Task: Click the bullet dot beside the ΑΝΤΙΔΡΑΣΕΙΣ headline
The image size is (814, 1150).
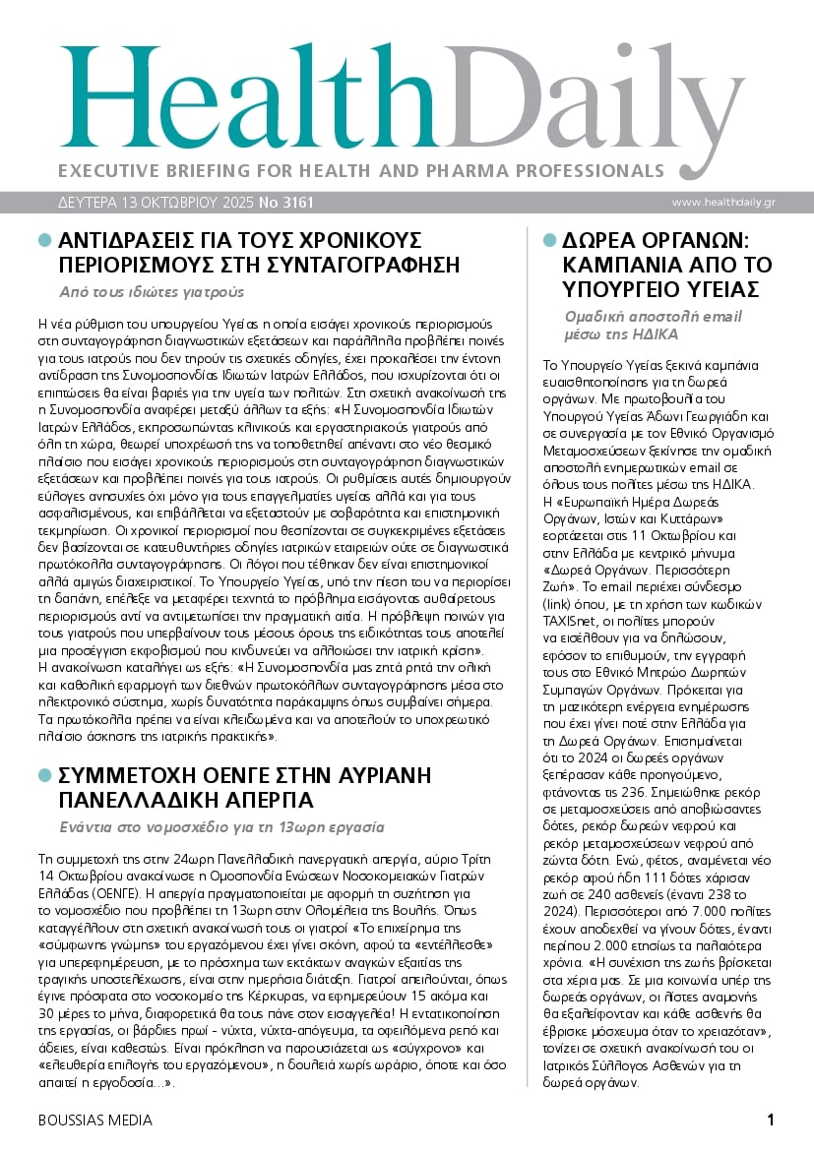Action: pos(44,240)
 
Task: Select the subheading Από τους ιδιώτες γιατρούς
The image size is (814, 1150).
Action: pos(152,291)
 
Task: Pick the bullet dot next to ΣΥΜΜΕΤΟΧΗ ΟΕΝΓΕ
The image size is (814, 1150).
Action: pos(44,775)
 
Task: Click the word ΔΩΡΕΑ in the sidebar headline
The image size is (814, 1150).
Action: pos(600,241)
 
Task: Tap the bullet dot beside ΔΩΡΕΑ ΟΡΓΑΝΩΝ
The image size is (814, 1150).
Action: pos(549,240)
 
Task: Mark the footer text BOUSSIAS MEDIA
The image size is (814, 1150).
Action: pos(94,1120)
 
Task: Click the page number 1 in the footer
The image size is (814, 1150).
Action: pos(771,1120)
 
